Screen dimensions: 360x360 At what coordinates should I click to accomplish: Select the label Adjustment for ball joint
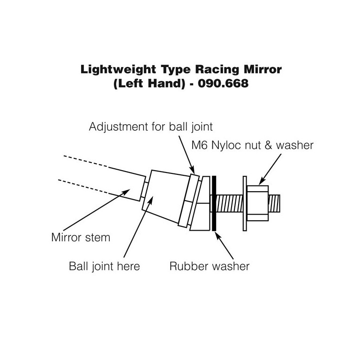click(151, 126)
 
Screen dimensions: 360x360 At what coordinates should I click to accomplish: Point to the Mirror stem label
click(80, 237)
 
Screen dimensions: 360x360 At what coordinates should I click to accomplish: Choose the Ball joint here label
click(105, 266)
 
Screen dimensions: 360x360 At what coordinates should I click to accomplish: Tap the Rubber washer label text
click(209, 266)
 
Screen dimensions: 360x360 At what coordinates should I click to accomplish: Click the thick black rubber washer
click(214, 203)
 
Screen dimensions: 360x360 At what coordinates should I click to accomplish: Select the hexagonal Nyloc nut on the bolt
click(257, 202)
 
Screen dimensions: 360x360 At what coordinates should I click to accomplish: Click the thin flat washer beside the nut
click(245, 203)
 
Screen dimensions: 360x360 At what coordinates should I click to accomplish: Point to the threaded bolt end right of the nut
click(275, 202)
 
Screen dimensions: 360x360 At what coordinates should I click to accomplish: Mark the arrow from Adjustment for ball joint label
click(186, 153)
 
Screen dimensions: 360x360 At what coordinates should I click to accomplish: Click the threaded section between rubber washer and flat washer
click(230, 203)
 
